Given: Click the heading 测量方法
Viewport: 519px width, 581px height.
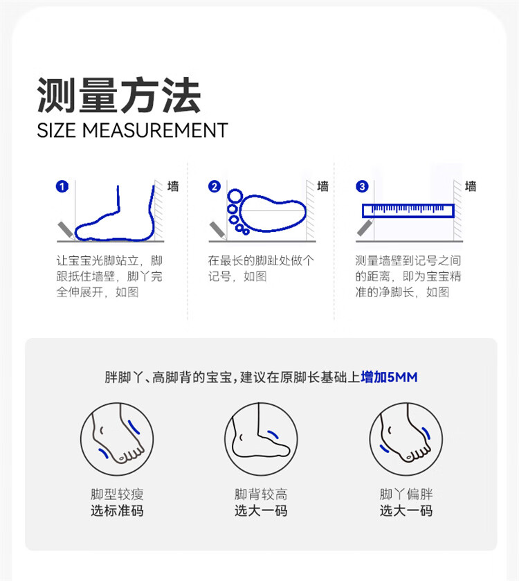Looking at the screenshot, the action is pyautogui.click(x=119, y=95).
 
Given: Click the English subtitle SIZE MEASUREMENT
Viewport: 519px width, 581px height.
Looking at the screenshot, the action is pyautogui.click(x=132, y=130).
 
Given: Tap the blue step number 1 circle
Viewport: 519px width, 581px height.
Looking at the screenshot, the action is pyautogui.click(x=62, y=186).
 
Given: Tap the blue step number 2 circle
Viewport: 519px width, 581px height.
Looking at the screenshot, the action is pyautogui.click(x=215, y=186).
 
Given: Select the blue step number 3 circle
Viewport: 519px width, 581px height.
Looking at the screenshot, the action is pyautogui.click(x=362, y=186).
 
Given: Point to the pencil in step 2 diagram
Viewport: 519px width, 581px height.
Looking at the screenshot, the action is pyautogui.click(x=218, y=231).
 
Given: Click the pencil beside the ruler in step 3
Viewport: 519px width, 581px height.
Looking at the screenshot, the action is pyautogui.click(x=365, y=227).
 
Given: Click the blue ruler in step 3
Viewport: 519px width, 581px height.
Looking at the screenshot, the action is pyautogui.click(x=408, y=211).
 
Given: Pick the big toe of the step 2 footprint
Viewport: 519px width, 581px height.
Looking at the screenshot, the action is pyautogui.click(x=235, y=196).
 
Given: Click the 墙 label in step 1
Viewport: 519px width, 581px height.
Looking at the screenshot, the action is pyautogui.click(x=173, y=186).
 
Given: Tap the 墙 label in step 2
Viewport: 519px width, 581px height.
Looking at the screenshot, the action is pyautogui.click(x=322, y=186).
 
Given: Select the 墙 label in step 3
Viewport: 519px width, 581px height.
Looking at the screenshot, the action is pyautogui.click(x=471, y=186).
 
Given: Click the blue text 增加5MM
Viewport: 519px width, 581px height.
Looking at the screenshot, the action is pyautogui.click(x=389, y=377).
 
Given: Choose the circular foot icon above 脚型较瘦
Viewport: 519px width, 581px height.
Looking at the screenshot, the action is pyautogui.click(x=117, y=439).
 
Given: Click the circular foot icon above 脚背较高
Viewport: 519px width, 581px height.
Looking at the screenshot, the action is pyautogui.click(x=261, y=439).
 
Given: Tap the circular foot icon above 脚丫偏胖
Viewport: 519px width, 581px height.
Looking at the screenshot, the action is pyautogui.click(x=406, y=439).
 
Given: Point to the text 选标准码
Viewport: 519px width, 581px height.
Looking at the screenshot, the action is pyautogui.click(x=117, y=510).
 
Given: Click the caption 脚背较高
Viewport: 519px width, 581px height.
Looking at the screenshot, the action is pyautogui.click(x=261, y=494).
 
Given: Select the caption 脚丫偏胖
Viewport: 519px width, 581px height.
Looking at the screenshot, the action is pyautogui.click(x=406, y=494).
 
